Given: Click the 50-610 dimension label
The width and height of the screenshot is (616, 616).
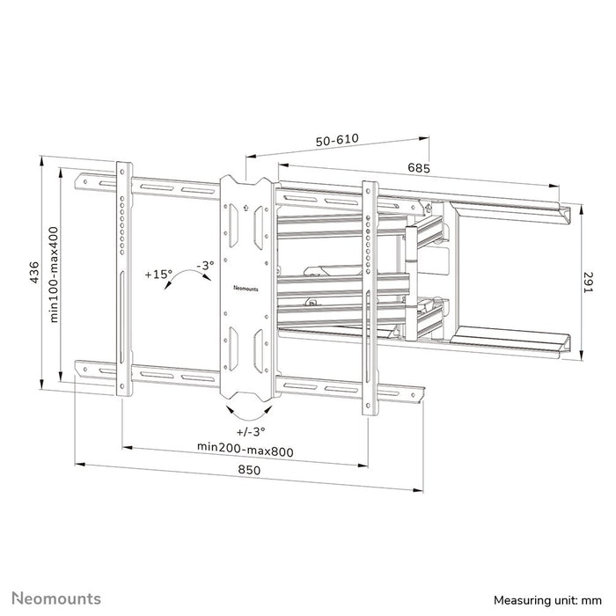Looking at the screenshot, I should tap(335, 141).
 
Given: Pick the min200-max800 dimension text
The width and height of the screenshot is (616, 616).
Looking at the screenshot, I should tap(244, 451).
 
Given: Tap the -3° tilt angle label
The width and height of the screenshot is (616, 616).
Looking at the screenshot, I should tap(204, 264).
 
